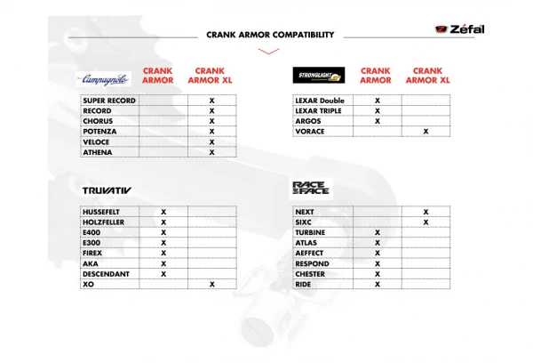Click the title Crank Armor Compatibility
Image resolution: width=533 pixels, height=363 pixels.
coord(270,35)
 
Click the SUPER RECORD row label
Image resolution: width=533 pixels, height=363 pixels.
coord(109,101)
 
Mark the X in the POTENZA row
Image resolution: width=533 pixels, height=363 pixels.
coord(211,132)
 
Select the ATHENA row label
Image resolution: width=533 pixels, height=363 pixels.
coord(98,152)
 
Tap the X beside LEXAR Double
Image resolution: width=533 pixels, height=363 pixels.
coord(378,101)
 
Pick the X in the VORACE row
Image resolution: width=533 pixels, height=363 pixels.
coord(426,132)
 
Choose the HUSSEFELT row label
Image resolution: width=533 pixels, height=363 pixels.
coord(104,212)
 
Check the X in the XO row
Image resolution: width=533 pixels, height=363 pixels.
coord(211,285)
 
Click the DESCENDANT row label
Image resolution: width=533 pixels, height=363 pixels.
coord(107,274)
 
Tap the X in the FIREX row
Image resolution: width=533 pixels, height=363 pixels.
coord(163,254)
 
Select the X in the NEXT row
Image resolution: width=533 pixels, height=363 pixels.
coord(426,212)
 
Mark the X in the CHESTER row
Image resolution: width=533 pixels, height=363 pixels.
coord(378,274)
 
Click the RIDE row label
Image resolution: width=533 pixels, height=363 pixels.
coord(305,285)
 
